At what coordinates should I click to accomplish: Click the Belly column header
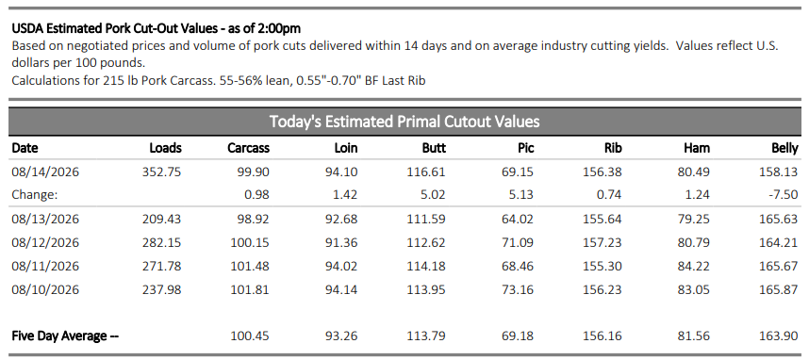[784, 148]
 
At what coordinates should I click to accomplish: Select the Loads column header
[166, 148]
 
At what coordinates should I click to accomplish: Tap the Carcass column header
[249, 148]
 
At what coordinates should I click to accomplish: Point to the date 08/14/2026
[45, 172]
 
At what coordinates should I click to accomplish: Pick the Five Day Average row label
[65, 335]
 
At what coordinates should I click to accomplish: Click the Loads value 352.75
[162, 172]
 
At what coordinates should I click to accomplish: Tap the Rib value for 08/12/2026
[603, 242]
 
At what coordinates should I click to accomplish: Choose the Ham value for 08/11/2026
[694, 266]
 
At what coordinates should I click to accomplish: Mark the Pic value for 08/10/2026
[518, 290]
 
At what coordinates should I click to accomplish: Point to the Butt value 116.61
[427, 172]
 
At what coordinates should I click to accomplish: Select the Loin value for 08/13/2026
[341, 219]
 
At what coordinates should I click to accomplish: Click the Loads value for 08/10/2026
[162, 290]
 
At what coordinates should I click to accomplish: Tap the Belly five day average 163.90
[780, 335]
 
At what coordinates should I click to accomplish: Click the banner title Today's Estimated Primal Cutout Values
[404, 122]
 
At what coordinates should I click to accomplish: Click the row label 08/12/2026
[45, 242]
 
